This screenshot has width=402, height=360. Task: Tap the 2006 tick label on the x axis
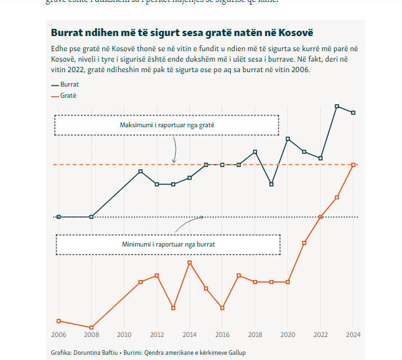point(58,334)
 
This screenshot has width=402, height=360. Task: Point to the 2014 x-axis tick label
point(190,334)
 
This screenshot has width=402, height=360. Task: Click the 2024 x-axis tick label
point(353,334)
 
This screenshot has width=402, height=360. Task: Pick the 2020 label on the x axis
point(288,334)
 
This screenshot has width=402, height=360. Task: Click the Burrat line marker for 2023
point(337,106)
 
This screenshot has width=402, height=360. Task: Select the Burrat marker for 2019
point(271,184)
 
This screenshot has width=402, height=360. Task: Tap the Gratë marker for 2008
point(91,327)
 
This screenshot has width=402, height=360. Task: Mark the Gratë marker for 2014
point(190,262)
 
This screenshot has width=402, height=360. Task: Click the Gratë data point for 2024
point(353,165)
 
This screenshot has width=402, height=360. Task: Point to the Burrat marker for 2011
point(140,171)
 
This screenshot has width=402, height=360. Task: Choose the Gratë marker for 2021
point(304,243)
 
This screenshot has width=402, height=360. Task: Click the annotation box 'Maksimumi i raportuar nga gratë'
point(167,125)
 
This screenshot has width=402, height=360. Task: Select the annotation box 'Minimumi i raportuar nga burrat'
point(168,244)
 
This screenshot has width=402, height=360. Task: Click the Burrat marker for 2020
point(288,138)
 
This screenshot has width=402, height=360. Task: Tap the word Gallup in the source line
point(235,353)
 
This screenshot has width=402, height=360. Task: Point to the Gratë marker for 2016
point(222,308)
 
